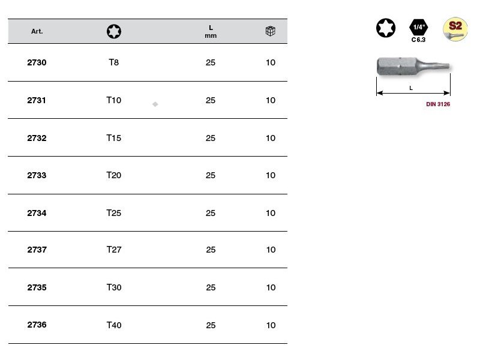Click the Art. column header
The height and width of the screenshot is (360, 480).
(37, 31)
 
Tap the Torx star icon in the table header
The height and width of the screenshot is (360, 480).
(114, 31)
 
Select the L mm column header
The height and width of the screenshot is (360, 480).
(211, 32)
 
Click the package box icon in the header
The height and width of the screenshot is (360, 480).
(271, 31)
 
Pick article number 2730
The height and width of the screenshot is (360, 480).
(37, 62)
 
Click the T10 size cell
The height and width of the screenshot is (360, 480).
(114, 100)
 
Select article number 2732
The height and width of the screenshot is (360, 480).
(37, 138)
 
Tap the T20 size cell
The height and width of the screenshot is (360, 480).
(114, 175)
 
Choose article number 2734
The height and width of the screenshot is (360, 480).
(37, 213)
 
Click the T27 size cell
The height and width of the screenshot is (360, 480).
(114, 250)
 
